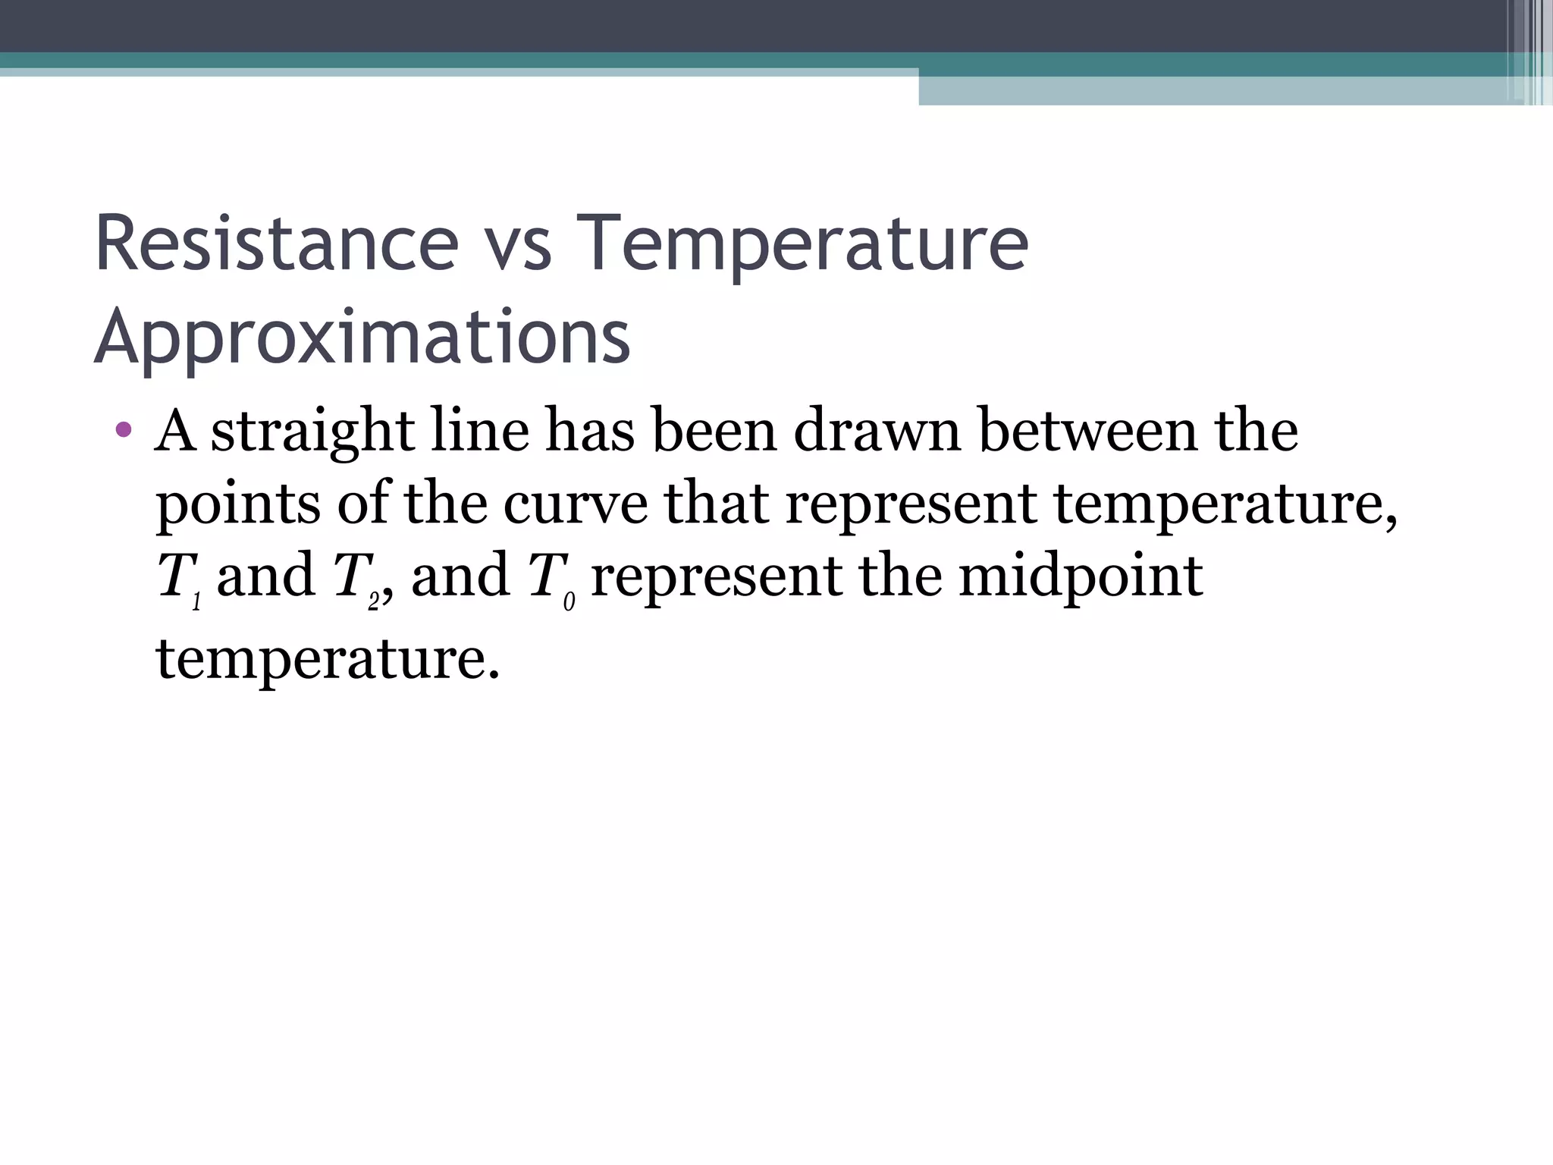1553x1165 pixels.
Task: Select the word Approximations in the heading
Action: pos(362,337)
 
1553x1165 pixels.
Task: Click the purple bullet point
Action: pos(124,431)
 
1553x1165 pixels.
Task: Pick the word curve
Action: pos(576,505)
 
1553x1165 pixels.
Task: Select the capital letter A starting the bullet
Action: pos(175,431)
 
